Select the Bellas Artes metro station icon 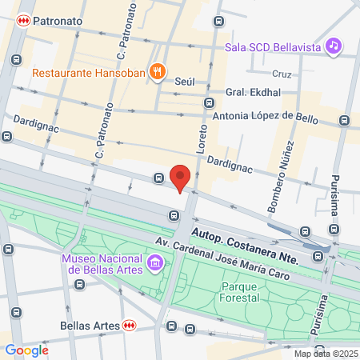(130, 326)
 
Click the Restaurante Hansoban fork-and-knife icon (158, 72)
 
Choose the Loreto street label (203, 137)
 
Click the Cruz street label (281, 74)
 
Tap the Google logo (27, 350)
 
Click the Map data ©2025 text (325, 354)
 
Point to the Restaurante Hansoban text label (89, 73)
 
